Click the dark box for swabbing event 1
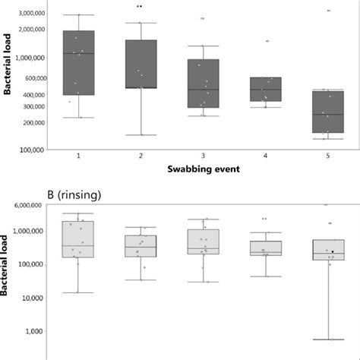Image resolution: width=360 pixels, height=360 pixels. [78, 63]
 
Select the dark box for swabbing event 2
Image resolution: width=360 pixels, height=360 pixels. [141, 64]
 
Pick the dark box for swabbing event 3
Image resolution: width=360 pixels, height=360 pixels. [203, 84]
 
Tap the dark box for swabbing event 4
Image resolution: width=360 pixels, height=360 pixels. [265, 89]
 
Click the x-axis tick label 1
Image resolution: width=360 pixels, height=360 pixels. [78, 155]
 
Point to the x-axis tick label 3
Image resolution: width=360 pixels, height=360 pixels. [203, 155]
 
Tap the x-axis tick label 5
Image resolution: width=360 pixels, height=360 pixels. [328, 155]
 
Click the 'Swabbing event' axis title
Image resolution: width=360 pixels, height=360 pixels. [203, 169]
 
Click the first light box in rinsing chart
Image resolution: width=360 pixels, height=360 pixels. [78, 239]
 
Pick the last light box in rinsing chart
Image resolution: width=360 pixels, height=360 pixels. [327, 250]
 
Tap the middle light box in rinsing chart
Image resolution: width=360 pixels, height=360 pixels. [203, 242]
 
